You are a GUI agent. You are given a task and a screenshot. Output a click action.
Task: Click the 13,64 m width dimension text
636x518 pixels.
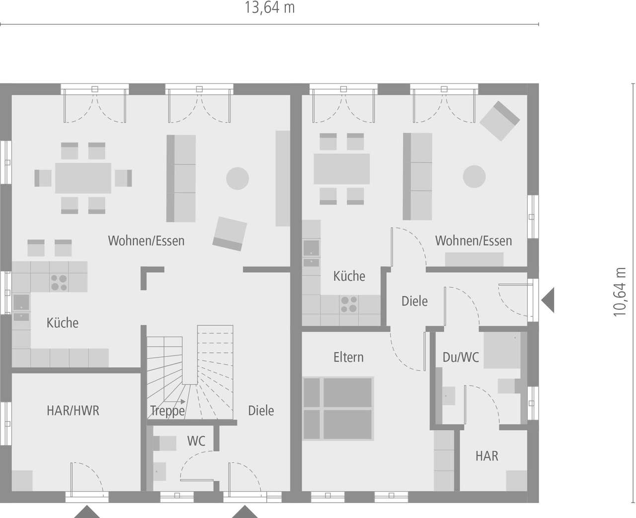coord(269,8)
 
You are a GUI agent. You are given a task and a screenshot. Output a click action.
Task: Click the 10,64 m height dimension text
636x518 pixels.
coord(620,292)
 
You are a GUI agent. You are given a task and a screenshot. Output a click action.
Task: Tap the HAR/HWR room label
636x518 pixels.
coord(73,411)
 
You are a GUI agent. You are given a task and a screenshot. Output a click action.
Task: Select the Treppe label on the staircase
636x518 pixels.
coord(167,411)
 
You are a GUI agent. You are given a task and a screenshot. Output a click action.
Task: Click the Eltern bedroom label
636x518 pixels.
coord(348,357)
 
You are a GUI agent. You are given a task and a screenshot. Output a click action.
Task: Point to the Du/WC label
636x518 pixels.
coord(461,357)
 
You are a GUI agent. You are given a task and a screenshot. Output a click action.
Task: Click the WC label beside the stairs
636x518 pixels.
coord(196,441)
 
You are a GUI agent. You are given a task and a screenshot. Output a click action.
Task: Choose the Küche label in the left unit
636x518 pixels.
coord(63,323)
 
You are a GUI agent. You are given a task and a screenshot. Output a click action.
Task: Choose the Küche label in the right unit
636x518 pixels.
coord(349,276)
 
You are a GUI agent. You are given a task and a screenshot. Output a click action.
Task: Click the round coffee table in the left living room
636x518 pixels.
coord(238,178)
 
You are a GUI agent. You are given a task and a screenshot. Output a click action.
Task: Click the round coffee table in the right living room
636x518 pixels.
coord(474,176)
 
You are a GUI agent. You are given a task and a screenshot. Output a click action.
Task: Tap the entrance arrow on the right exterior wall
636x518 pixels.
coord(548,301)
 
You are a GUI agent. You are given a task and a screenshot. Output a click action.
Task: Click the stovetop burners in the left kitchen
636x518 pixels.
coord(59,283)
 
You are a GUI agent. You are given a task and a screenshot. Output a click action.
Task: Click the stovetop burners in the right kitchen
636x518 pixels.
coord(349,304)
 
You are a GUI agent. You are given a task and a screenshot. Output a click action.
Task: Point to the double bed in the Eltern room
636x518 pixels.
coord(338,408)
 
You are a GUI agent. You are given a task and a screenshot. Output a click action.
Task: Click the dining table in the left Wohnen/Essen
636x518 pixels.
coord(83,178)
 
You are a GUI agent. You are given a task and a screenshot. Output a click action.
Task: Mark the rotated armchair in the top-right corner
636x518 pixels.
coord(499,121)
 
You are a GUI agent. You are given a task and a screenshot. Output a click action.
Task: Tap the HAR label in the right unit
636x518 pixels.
coord(486,456)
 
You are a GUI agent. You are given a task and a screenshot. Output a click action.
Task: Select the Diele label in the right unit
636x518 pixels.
coord(414,301)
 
